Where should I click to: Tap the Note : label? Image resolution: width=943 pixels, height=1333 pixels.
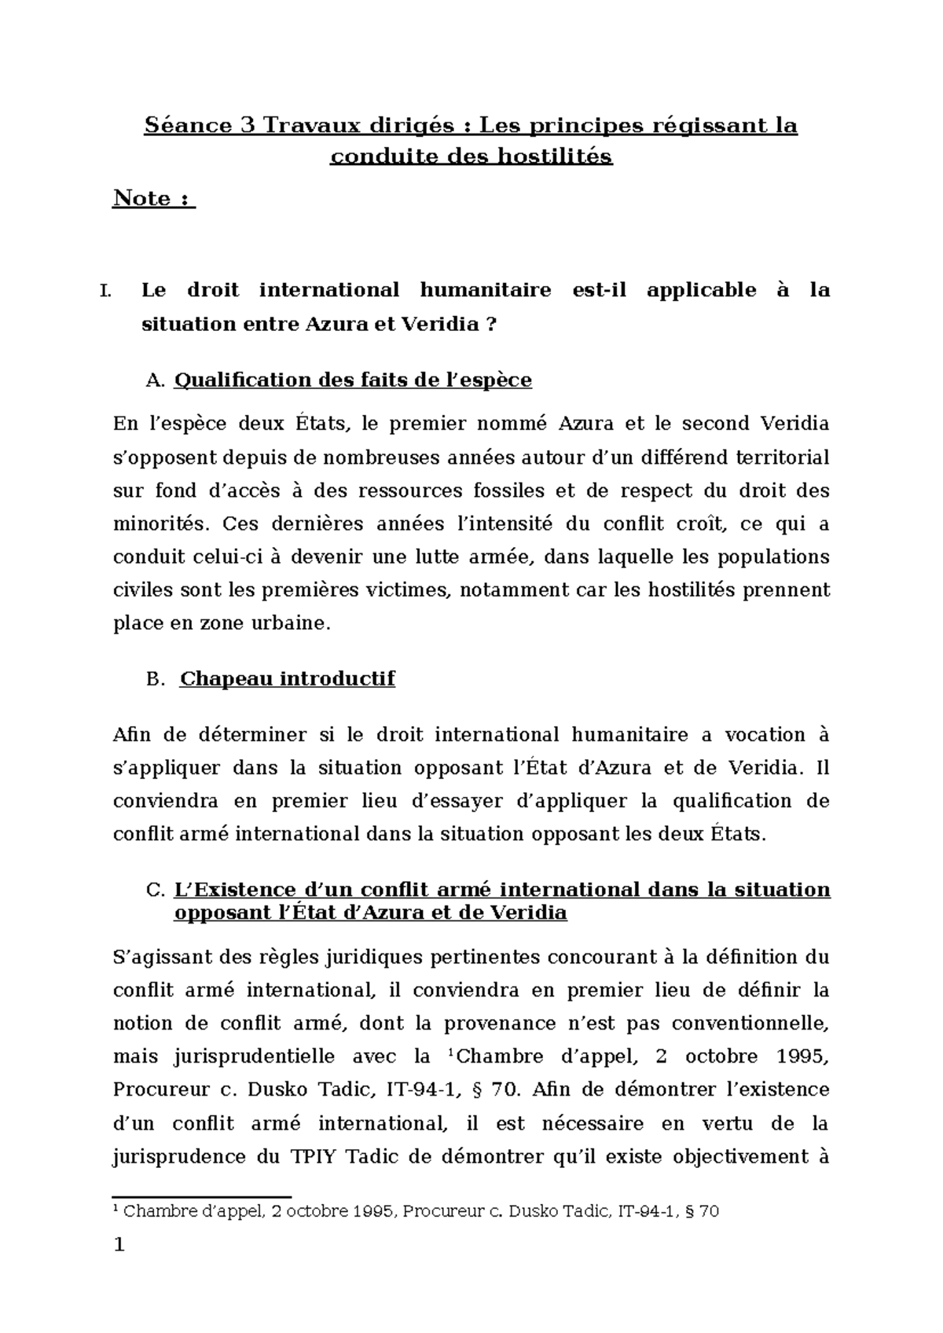coord(154,198)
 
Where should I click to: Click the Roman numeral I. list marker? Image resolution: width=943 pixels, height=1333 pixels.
coord(107,291)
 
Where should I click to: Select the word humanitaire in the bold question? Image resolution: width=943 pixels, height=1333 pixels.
coord(485,290)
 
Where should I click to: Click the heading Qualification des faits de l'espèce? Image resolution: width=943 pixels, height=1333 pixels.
coord(352,380)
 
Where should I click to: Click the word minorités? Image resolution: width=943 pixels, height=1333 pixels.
coord(160,524)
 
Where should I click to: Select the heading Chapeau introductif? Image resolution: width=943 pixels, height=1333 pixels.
coord(287,678)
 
